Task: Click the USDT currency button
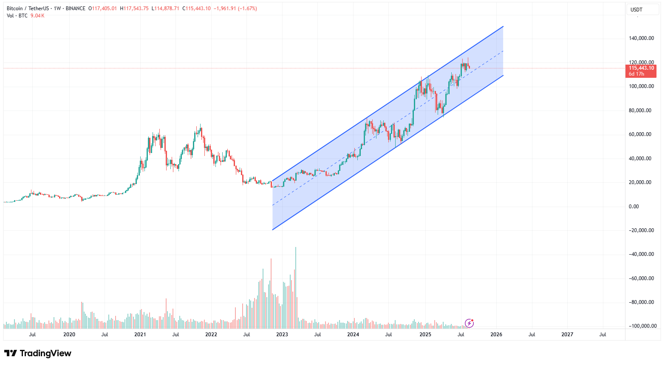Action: click(636, 10)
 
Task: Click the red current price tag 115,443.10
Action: click(641, 68)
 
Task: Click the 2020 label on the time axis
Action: click(69, 335)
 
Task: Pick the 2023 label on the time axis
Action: click(282, 335)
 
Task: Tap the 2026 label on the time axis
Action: click(496, 335)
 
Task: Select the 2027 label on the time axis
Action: click(567, 335)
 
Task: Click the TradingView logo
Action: click(38, 353)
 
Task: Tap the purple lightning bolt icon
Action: click(469, 323)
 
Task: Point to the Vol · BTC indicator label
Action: click(17, 16)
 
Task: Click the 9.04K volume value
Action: click(37, 16)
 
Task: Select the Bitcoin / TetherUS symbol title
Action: click(27, 9)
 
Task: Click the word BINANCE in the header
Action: click(76, 9)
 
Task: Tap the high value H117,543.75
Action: click(134, 9)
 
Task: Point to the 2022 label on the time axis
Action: click(211, 335)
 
